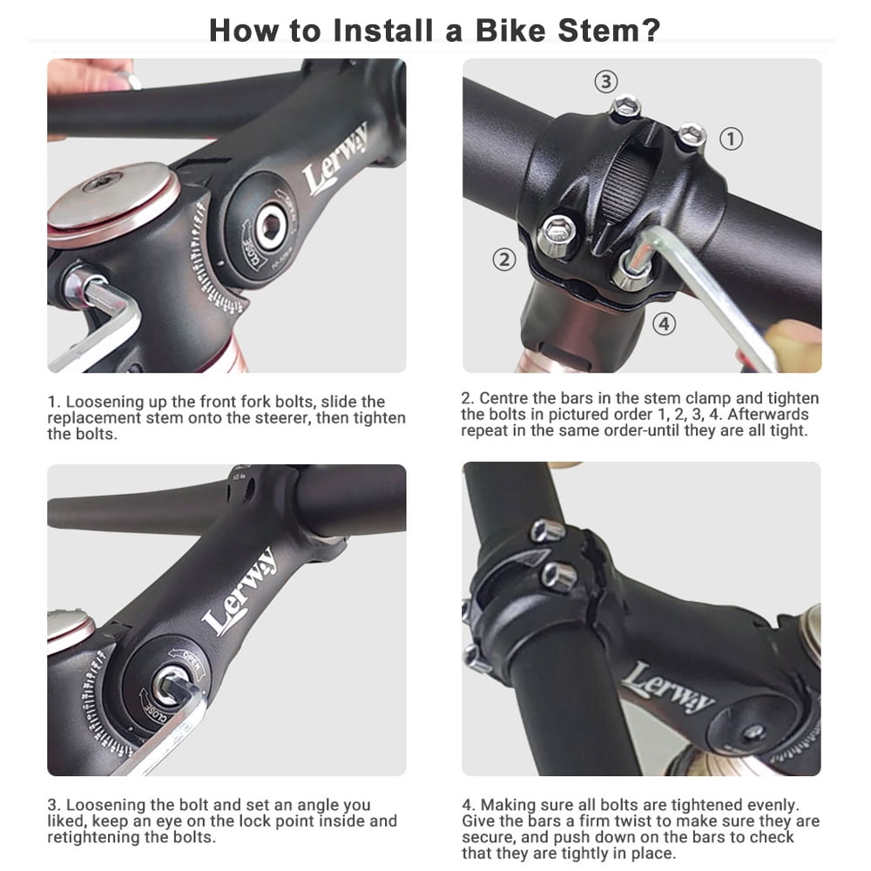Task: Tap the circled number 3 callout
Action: pos(606,82)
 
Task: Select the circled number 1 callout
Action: pos(731,138)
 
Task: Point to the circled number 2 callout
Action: pos(504,260)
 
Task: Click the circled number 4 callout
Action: pos(665,323)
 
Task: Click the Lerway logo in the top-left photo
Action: pos(335,159)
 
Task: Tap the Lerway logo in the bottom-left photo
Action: pos(240,591)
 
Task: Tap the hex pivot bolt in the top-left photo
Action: pos(272,226)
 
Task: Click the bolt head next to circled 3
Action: pos(626,106)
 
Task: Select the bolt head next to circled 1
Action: pos(692,135)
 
